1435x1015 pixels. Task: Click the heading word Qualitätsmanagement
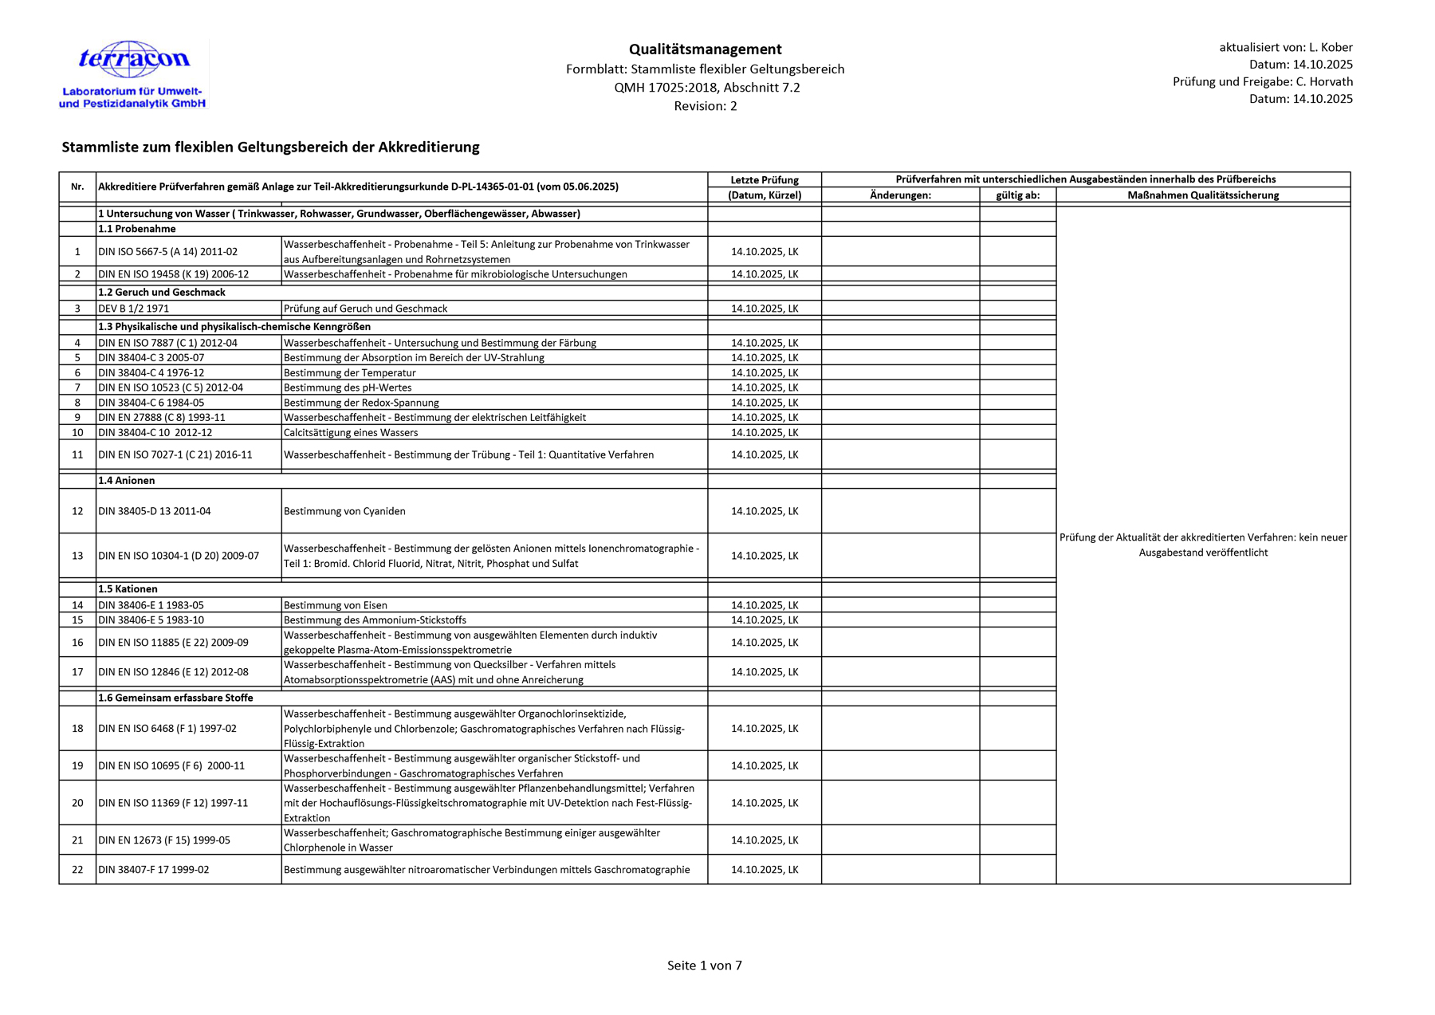[705, 49]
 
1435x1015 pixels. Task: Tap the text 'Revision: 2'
[705, 106]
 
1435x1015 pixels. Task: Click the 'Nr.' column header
[77, 187]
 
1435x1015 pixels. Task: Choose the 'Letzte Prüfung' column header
[764, 179]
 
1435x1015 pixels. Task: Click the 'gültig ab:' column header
[1017, 195]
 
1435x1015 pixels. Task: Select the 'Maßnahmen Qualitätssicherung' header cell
[1202, 195]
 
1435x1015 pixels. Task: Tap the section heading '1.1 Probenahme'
[137, 229]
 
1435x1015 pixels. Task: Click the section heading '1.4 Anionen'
[127, 481]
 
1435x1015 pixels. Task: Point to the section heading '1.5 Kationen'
[128, 589]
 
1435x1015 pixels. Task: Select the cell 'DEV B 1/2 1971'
[134, 309]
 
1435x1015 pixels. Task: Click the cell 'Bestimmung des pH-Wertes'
[348, 388]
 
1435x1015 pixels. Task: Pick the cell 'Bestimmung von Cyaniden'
[344, 511]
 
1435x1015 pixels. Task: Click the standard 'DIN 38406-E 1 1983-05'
[151, 605]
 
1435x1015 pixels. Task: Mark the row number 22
[77, 869]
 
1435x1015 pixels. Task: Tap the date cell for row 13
[764, 556]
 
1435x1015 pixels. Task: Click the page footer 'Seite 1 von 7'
[704, 966]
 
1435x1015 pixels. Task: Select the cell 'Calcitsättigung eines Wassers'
[351, 432]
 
